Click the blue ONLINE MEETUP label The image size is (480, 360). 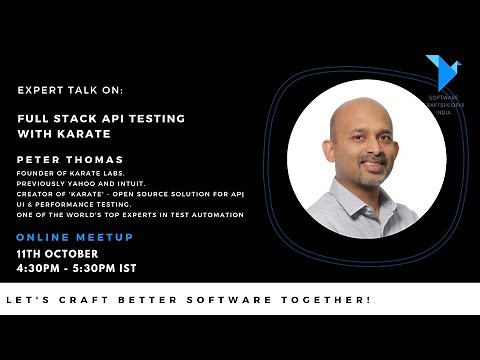click(74, 237)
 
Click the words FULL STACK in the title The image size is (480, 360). click(54, 117)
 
